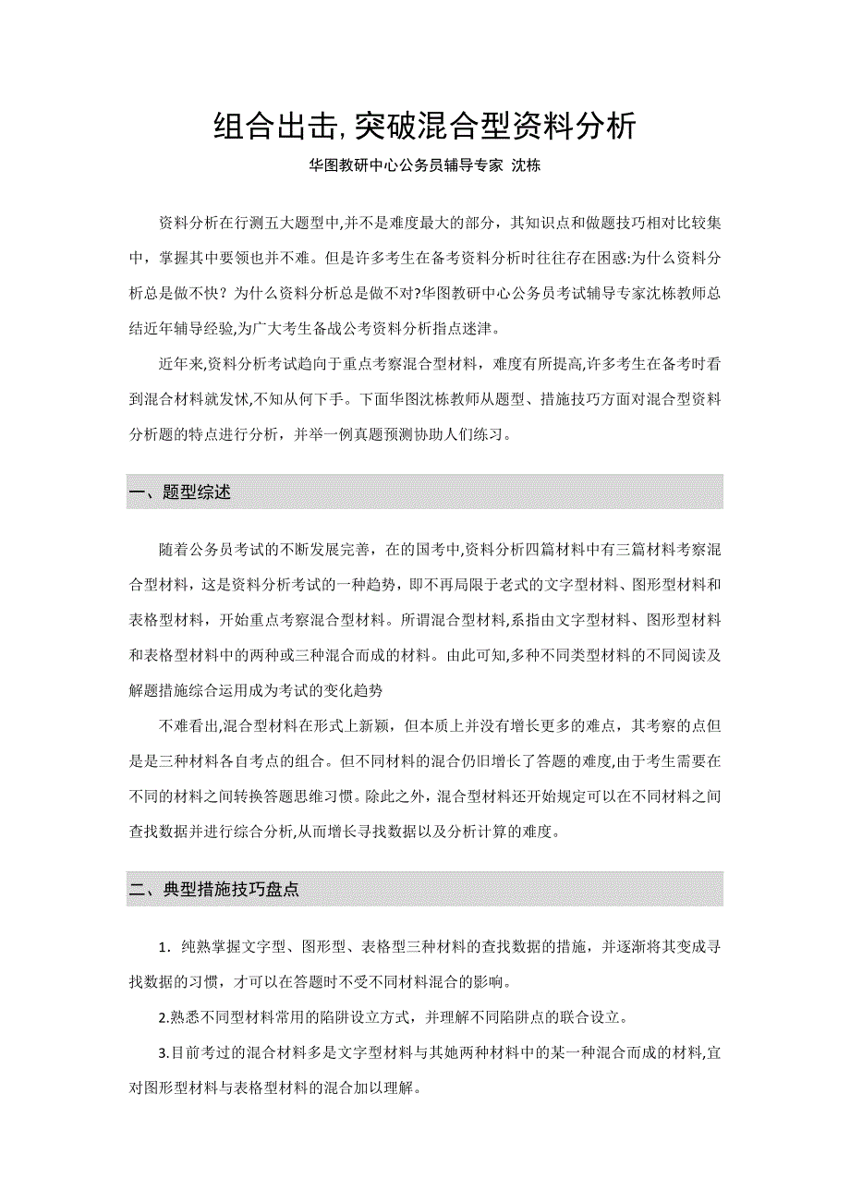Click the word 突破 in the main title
coord(384,127)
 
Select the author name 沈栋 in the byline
coord(525,166)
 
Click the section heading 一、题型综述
coord(180,492)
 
